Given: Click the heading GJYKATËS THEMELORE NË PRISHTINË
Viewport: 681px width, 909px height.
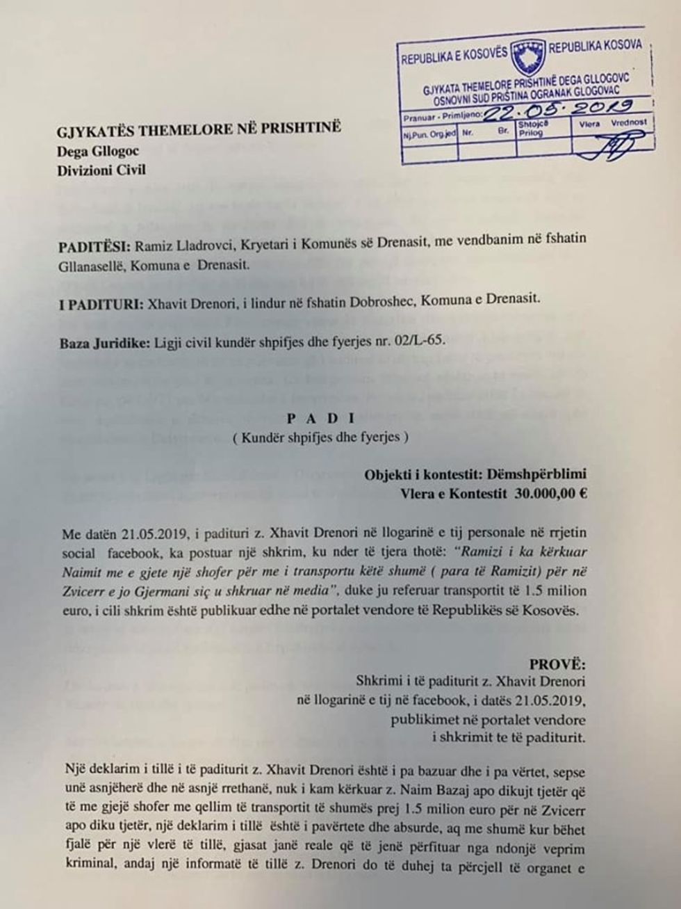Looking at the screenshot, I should click(x=201, y=130).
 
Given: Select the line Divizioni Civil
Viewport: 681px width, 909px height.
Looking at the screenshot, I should click(x=102, y=169).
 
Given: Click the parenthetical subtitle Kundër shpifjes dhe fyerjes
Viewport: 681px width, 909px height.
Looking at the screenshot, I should click(x=321, y=438).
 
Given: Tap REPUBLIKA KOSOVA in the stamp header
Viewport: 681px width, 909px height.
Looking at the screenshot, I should click(x=596, y=47).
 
